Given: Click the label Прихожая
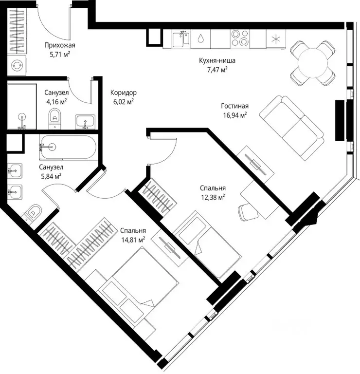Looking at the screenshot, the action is click(59, 45).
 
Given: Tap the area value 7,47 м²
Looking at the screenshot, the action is click(217, 70).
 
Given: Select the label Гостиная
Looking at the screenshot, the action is click(234, 106).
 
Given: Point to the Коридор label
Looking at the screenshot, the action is click(124, 93).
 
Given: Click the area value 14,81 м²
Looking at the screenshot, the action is click(133, 240).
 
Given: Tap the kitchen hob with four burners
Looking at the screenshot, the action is click(240, 38).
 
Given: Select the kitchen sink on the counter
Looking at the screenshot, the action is click(181, 38).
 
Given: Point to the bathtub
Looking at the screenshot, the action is click(69, 147).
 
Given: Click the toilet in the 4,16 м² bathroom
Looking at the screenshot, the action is click(54, 118).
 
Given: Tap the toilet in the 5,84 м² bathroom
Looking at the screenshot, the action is click(33, 212).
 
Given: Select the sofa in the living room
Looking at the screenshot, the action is click(291, 128).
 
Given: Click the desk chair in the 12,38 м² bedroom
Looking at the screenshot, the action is click(248, 212).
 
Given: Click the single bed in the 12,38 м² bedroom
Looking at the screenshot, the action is click(208, 245).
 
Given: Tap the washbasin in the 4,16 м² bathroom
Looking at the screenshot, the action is click(85, 122).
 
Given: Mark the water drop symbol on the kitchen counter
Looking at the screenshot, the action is click(201, 38).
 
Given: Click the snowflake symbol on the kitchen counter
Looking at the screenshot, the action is click(276, 39).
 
